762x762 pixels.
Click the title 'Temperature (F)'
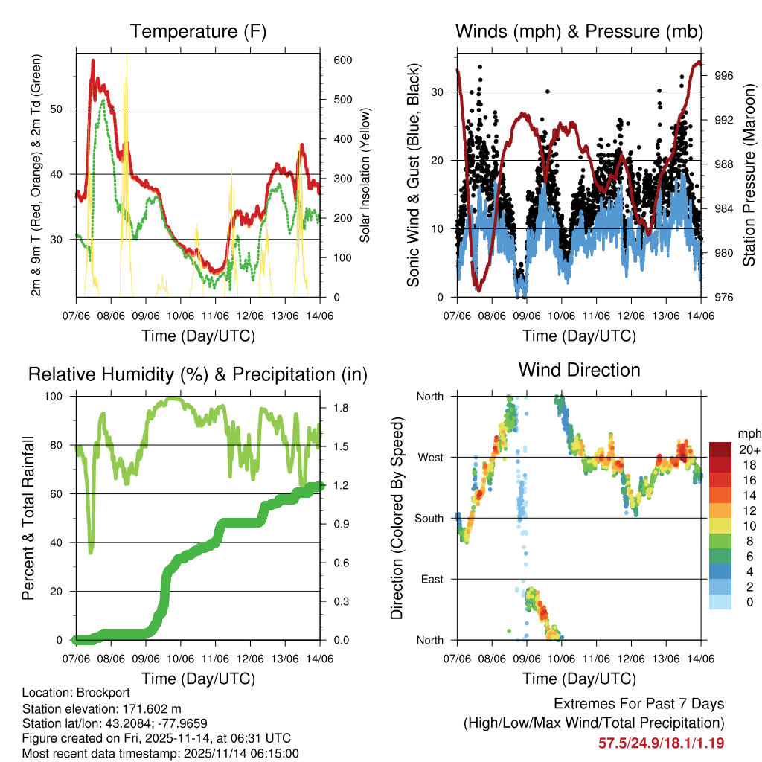198,32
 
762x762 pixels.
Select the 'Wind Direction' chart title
579,369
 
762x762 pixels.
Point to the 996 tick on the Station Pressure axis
725,75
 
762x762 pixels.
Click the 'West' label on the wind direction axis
429,457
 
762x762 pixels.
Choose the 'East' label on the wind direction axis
432,579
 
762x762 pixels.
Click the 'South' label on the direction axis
429,518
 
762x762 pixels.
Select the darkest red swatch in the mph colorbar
721,449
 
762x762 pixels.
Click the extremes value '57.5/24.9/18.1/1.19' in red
661,743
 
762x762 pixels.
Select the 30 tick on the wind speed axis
438,92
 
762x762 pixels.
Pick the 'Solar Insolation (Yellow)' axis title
365,175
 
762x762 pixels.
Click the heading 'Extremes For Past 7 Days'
638,704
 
